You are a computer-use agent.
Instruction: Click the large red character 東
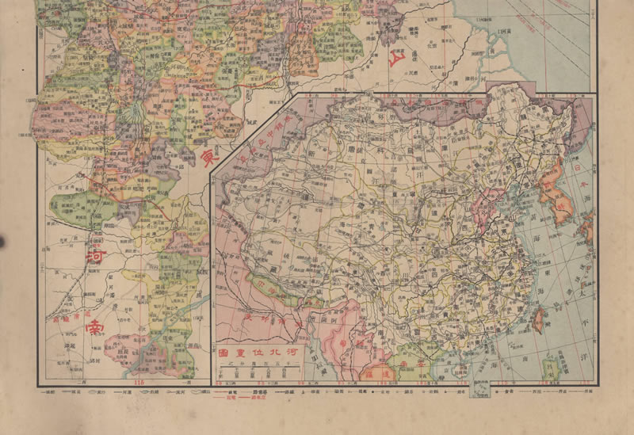coord(211,158)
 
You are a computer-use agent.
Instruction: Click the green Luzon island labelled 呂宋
coord(549,367)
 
